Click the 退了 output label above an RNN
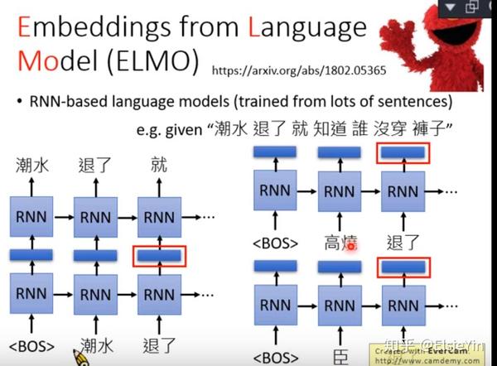point(94,166)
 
